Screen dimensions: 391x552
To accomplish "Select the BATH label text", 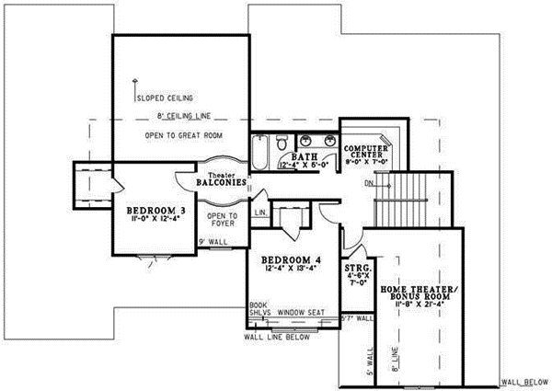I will [305, 157].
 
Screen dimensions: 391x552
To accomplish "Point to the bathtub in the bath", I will [260, 151].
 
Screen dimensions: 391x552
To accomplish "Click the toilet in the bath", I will [282, 141].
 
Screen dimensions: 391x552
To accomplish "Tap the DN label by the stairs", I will [369, 182].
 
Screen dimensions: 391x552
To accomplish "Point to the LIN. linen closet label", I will [259, 213].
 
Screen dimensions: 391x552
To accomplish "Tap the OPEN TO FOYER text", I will [227, 219].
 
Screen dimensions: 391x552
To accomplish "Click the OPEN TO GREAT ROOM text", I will [184, 135].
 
